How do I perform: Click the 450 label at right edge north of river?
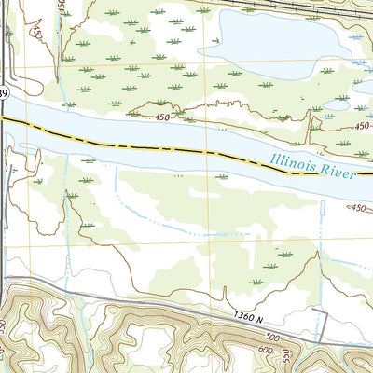(x=363, y=125)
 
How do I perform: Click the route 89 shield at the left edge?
(x=3, y=93)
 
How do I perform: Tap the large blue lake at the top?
(x=270, y=47)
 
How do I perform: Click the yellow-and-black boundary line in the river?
(x=140, y=147)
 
